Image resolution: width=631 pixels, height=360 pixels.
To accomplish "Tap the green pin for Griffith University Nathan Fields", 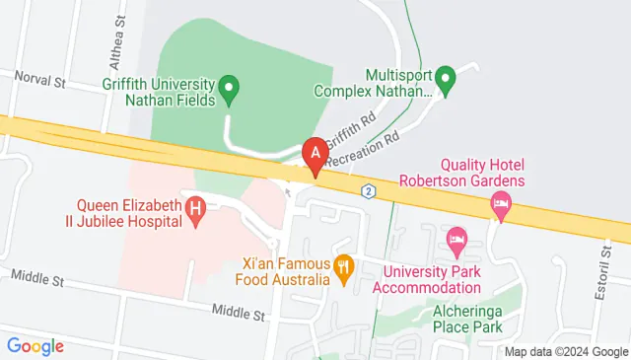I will pyautogui.click(x=229, y=91).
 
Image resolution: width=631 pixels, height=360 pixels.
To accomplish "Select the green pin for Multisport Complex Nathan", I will pyautogui.click(x=446, y=79).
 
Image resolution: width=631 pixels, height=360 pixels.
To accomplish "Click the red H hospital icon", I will pyautogui.click(x=196, y=209).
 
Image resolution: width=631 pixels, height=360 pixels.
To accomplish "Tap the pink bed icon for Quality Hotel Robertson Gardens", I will pyautogui.click(x=501, y=205).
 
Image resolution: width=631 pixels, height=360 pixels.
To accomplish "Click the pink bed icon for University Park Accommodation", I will pyautogui.click(x=456, y=238).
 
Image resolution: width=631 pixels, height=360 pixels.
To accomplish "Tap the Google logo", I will pyautogui.click(x=35, y=345).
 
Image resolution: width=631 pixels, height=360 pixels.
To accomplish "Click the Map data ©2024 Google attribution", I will pyautogui.click(x=565, y=351).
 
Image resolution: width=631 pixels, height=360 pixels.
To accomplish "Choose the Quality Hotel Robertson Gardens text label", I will pyautogui.click(x=468, y=172).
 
